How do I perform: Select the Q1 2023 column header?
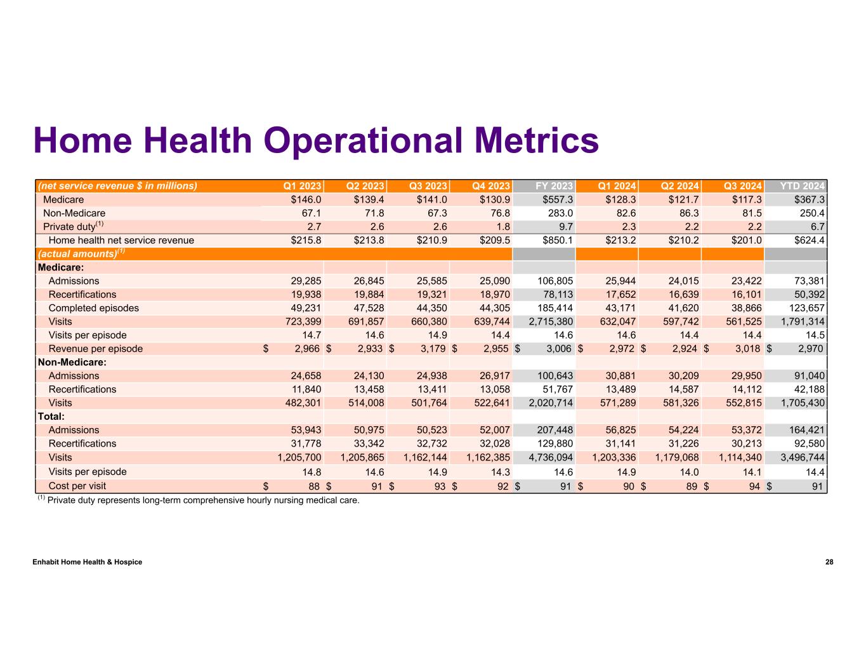tap(302, 186)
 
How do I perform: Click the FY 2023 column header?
tap(554, 186)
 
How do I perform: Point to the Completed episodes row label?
tap(93, 308)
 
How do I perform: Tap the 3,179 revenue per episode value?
tap(431, 349)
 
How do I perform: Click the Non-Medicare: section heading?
tap(72, 362)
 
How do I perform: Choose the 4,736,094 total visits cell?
tap(550, 457)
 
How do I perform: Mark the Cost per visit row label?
tap(77, 486)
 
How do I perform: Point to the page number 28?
tap(829, 562)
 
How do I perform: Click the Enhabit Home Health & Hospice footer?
tap(88, 562)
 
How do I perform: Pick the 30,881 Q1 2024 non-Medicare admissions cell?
tap(619, 376)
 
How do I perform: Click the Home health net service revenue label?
tap(121, 240)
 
